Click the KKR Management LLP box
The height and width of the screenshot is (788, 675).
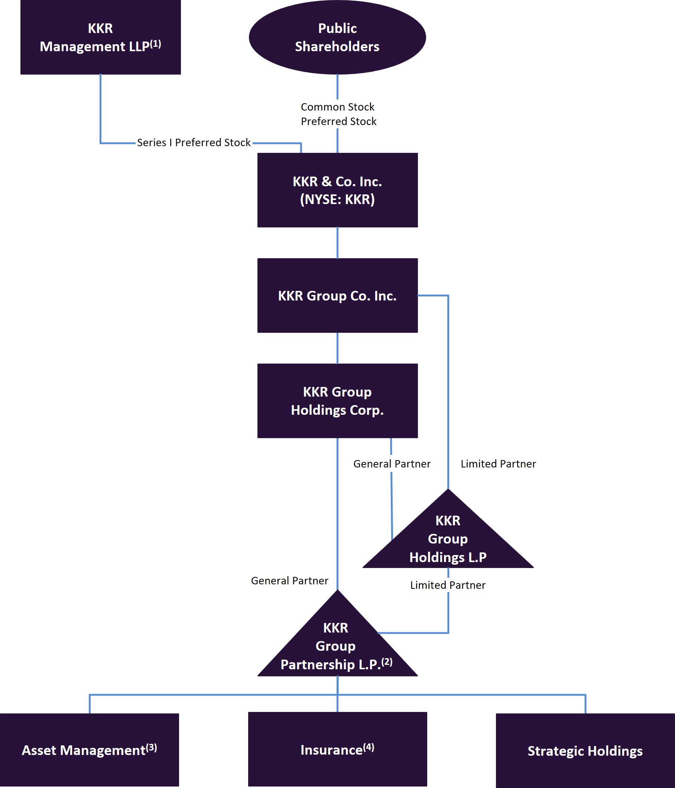click(x=100, y=37)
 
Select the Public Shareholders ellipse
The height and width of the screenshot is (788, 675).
click(x=337, y=37)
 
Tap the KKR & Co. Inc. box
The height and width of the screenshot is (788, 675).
click(x=337, y=190)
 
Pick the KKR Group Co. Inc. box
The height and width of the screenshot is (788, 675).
click(x=337, y=295)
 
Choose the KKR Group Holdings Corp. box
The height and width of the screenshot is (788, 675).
click(x=337, y=401)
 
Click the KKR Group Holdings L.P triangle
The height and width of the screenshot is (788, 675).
click(x=448, y=540)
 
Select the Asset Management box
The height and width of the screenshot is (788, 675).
click(x=89, y=750)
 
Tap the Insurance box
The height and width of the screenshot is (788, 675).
click(x=337, y=749)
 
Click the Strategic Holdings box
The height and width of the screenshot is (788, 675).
click(x=585, y=751)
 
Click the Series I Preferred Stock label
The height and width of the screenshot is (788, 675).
click(x=194, y=142)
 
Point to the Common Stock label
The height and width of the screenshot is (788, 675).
click(x=337, y=107)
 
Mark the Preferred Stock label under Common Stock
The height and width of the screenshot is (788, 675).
click(x=338, y=121)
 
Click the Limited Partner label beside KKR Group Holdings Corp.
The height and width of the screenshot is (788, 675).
click(x=498, y=464)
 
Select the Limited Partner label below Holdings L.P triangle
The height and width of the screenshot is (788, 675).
click(x=448, y=585)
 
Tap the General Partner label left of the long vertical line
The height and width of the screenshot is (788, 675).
click(x=289, y=581)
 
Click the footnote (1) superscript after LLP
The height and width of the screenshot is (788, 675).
click(x=155, y=44)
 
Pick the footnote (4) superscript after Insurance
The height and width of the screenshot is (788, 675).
click(x=369, y=747)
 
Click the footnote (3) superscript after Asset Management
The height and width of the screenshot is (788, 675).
click(x=152, y=747)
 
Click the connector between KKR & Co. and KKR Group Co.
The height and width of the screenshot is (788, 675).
click(x=337, y=243)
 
